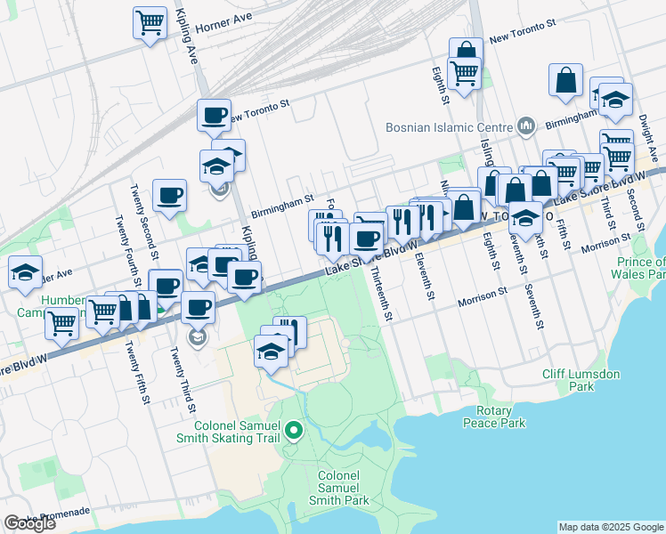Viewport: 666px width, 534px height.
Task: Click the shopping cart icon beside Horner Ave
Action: tap(150, 22)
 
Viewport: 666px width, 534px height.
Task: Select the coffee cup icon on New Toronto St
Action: tap(214, 115)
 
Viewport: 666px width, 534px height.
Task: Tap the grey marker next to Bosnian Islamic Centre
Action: tap(525, 126)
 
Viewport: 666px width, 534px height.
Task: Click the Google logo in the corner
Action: tap(29, 523)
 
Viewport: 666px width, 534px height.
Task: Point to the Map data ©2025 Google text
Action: tap(611, 527)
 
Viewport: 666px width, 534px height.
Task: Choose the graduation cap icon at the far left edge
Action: tap(25, 271)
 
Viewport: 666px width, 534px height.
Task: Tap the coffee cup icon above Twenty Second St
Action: tap(169, 195)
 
